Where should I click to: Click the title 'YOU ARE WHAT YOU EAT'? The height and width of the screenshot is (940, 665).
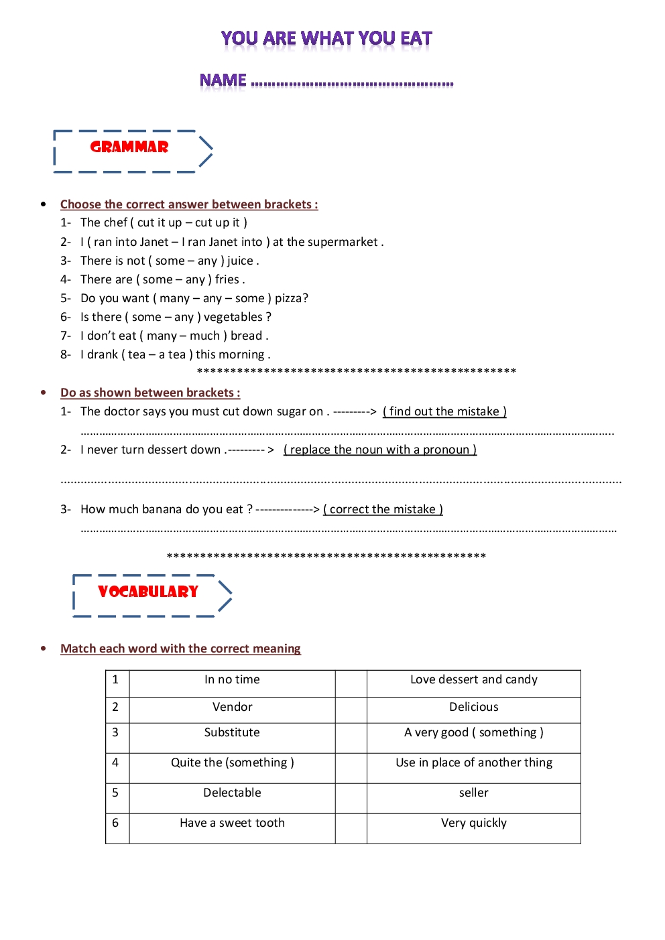(326, 39)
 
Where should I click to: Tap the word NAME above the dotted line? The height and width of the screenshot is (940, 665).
(223, 81)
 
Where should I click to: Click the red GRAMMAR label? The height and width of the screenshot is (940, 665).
(129, 147)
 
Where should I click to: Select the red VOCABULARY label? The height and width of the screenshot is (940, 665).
(148, 592)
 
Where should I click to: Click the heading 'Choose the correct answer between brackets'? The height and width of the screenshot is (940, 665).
(188, 204)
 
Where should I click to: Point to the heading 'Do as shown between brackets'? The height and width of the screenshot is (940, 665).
(149, 393)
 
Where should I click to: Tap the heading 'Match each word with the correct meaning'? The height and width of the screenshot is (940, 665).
(180, 649)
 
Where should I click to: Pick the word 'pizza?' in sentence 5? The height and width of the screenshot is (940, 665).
(292, 298)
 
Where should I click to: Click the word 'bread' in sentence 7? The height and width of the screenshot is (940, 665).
(246, 336)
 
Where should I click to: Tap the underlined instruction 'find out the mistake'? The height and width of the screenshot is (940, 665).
(444, 411)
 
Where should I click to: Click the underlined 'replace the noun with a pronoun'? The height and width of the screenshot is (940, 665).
(379, 450)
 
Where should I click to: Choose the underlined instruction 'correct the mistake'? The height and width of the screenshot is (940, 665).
(383, 509)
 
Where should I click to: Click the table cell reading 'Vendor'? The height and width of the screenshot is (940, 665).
(232, 707)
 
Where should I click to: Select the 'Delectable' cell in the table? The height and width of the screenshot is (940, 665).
(232, 793)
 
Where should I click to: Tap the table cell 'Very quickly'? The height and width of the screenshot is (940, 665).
(473, 823)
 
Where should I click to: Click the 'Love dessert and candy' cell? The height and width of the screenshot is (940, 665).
(473, 679)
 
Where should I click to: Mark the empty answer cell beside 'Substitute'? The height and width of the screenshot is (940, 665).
(351, 738)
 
